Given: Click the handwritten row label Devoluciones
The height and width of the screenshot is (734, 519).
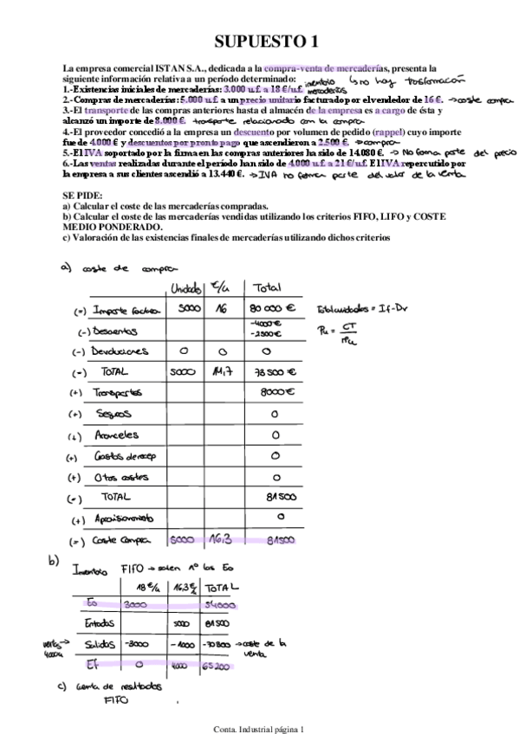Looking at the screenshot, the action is pyautogui.click(x=120, y=351).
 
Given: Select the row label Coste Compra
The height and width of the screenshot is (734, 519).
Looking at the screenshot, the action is pyautogui.click(x=124, y=540).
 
